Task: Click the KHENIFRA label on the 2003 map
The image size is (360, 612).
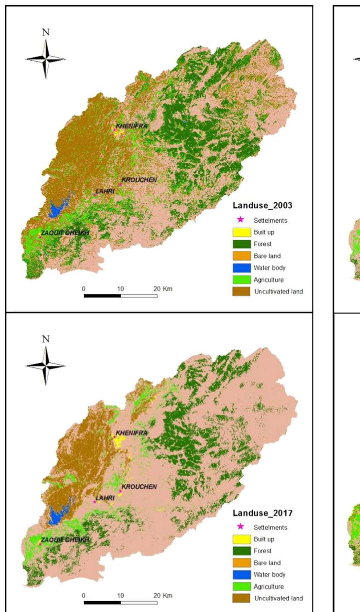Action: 131,126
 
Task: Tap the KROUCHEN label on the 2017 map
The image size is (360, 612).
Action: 139,487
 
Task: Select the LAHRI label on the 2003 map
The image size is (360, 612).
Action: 105,191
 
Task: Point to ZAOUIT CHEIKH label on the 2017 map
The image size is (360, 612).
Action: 65,540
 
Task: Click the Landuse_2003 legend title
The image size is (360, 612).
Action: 262,205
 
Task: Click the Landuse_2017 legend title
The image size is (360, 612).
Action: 262,513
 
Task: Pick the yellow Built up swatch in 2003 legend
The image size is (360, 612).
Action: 241,232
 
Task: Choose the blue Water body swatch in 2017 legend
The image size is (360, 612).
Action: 241,575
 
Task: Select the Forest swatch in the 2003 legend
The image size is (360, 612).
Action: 241,244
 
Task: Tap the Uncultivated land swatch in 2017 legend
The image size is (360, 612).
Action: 241,598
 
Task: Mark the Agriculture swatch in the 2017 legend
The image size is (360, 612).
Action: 241,587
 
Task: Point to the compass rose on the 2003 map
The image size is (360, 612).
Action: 46,59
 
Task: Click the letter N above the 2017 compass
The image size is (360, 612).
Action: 46,339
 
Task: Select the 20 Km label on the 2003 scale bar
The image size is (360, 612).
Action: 163,289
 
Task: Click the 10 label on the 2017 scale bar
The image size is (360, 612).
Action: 120,595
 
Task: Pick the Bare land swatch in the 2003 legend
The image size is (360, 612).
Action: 241,256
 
